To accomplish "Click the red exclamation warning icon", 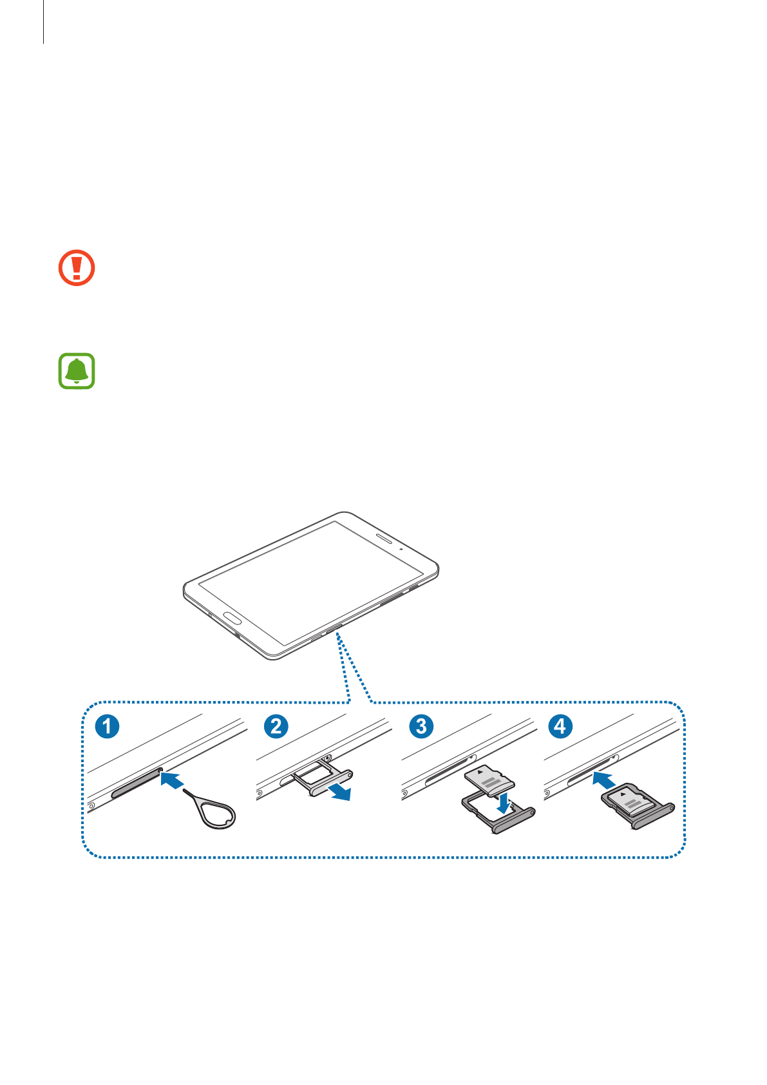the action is pos(77,267).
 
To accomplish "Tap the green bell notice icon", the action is pos(77,370).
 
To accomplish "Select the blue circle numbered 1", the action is pos(108,726).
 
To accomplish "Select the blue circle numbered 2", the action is pos(276,726).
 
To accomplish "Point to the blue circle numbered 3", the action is pos(421,726).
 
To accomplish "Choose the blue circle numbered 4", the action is pos(560,726).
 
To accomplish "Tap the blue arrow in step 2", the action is pos(339,791).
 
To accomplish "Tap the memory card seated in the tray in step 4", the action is pos(628,801).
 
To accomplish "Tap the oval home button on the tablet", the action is pos(232,619).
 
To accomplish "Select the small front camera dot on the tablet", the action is pos(401,549).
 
